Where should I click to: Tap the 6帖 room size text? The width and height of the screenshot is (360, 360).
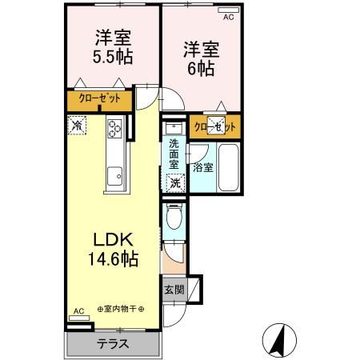200,68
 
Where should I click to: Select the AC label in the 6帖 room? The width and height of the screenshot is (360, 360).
228,16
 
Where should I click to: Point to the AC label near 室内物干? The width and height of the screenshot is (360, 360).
78,311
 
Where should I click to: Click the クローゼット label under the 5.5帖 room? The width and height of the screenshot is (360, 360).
99,99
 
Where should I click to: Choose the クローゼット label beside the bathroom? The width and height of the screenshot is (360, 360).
215,127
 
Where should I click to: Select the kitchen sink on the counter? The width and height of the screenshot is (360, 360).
114,174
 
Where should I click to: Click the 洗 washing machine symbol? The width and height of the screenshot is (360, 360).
175,182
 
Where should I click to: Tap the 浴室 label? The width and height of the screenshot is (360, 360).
202,168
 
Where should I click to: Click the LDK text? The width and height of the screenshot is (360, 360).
114,240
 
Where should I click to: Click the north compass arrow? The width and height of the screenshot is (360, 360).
279,339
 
